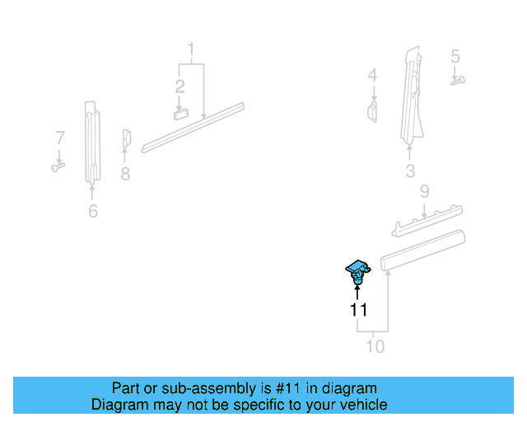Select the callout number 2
pos(180,86)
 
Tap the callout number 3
pos(410,171)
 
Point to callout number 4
pos(372,76)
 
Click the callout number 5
pos(455,56)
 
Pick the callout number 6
pos(93,212)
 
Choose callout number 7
pos(59,137)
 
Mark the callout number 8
pos(125,174)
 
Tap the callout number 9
pos(424,191)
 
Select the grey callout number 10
pos(375,347)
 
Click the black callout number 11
pos(358,311)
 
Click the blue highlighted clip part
pos(357,270)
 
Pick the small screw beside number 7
pos(58,166)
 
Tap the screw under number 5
pos(458,80)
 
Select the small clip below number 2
pos(181,114)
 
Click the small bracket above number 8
pos(127,138)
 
